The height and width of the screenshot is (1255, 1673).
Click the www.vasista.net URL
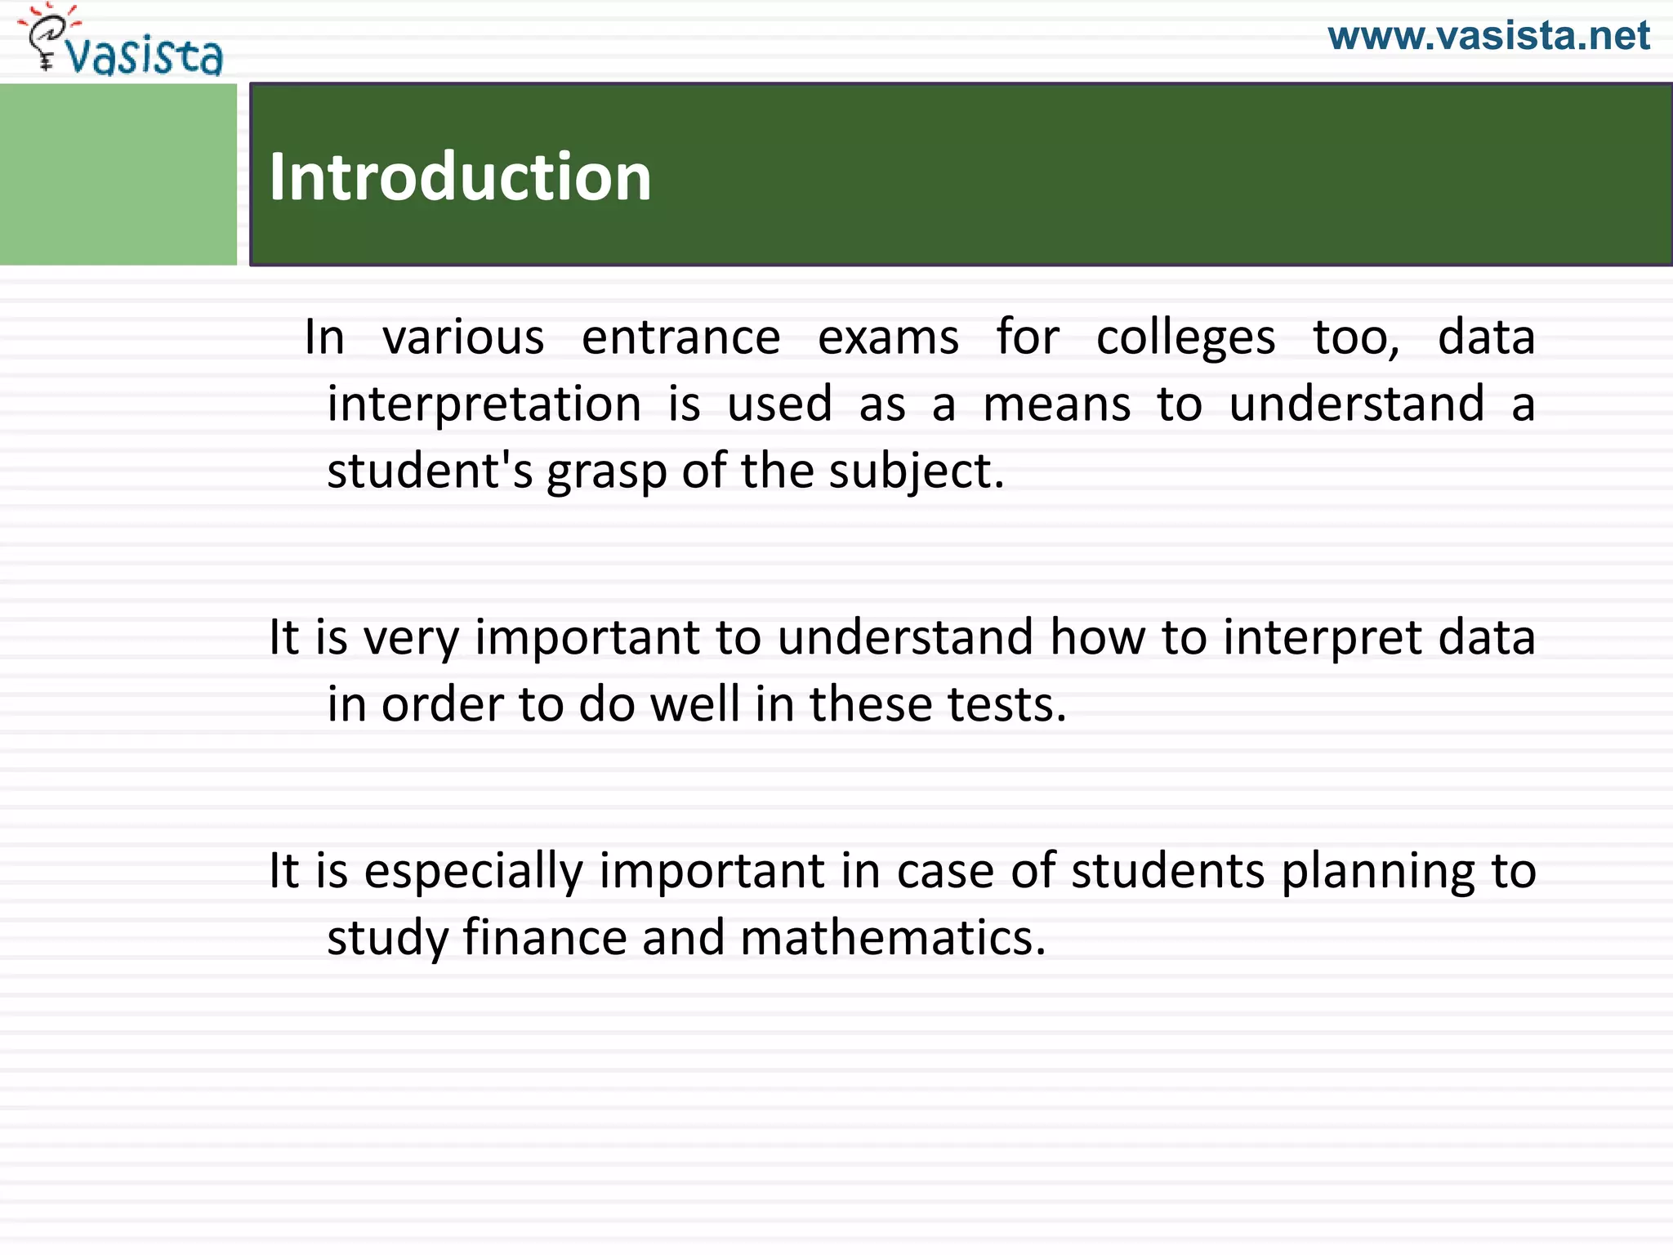pyautogui.click(x=1488, y=36)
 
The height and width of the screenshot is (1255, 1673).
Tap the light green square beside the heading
pyautogui.click(x=118, y=174)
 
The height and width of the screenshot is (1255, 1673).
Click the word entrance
pyautogui.click(x=680, y=337)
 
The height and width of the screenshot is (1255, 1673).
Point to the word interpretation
pyautogui.click(x=484, y=404)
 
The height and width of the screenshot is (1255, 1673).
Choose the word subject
pyautogui.click(x=915, y=473)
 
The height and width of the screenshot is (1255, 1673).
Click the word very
pyautogui.click(x=411, y=639)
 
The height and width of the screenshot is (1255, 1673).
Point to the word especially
pyautogui.click(x=473, y=872)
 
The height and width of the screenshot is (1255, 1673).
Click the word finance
pyautogui.click(x=544, y=937)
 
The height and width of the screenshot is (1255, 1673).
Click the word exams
pyautogui.click(x=888, y=337)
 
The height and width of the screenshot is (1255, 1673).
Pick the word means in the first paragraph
pyautogui.click(x=1056, y=404)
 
